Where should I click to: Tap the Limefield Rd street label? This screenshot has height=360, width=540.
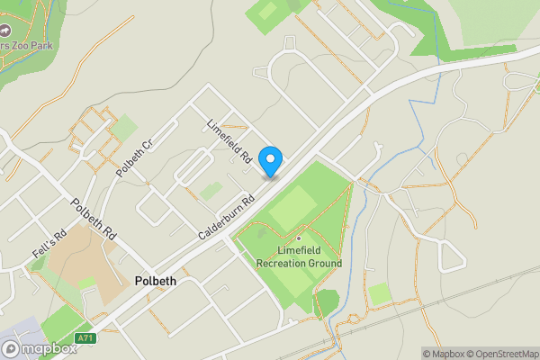229,141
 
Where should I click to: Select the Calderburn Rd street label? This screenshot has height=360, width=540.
223,217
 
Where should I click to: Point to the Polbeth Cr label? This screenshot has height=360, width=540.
135,157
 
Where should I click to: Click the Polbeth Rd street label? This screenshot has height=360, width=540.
94,218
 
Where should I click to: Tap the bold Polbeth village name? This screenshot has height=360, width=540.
155,281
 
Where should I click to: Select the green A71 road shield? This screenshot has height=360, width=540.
85,338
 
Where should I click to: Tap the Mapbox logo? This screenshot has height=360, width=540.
38,348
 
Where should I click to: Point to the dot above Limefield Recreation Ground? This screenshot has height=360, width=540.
299,238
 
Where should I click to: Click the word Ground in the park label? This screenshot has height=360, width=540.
326,264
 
